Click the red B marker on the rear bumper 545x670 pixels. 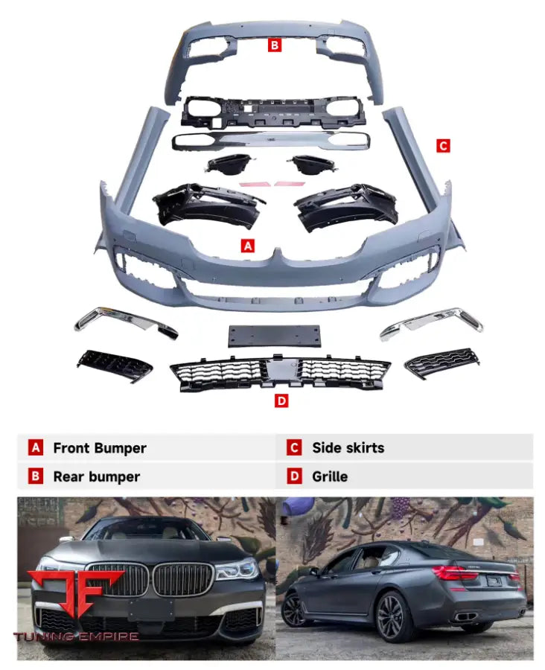click(x=275, y=45)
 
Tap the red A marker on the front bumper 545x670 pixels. click(x=248, y=245)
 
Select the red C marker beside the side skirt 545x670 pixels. click(x=443, y=146)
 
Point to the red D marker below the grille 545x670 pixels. click(x=281, y=401)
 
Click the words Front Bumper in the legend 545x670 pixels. click(x=99, y=448)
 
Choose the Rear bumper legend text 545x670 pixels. click(x=96, y=476)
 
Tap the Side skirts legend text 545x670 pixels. click(x=348, y=448)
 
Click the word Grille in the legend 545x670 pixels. click(x=330, y=476)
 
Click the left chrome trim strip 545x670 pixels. click(x=125, y=322)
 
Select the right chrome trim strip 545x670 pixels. click(x=430, y=322)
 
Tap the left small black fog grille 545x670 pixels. click(x=115, y=363)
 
